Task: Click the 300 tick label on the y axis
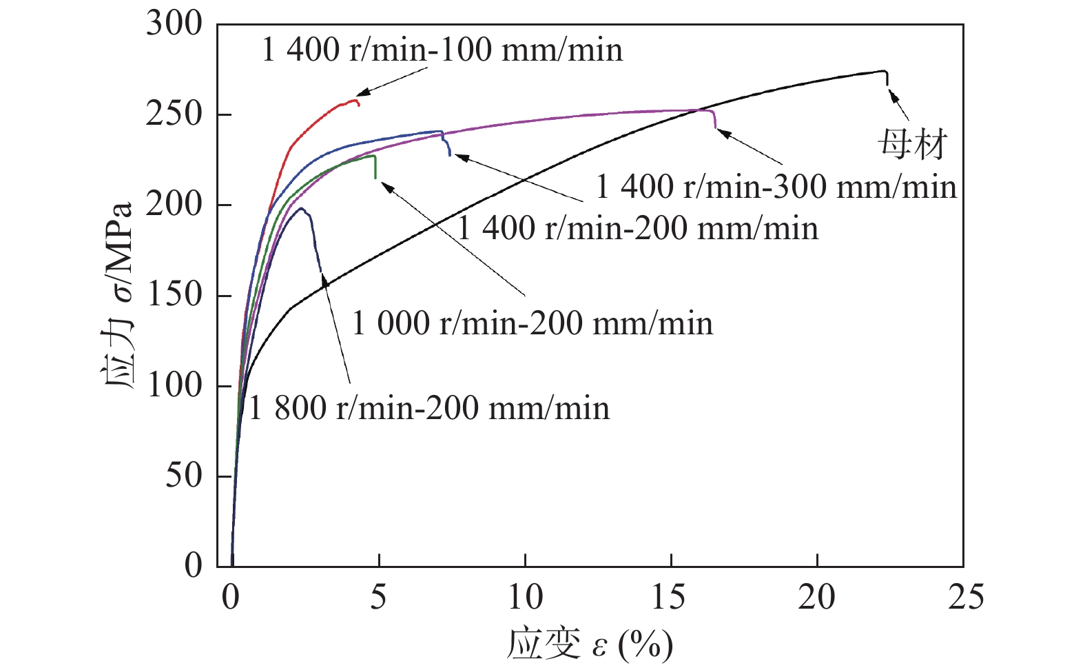coord(174,25)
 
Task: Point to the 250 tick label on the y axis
coord(174,114)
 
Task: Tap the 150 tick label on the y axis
coord(174,295)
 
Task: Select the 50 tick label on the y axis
coord(184,476)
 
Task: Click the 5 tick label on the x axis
coord(378,597)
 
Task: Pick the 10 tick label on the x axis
coord(525,597)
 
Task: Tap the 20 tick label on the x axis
coord(817,597)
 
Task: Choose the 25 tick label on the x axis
coord(965,597)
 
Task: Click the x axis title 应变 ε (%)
coord(590,644)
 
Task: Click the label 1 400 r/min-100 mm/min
coord(442,50)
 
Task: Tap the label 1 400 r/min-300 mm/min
coord(776,187)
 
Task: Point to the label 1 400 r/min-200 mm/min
coord(638,229)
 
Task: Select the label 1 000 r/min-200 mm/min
coord(532,323)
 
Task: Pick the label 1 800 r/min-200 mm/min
coord(428,408)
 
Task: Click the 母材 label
coord(912,145)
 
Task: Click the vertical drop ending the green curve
coord(375,167)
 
